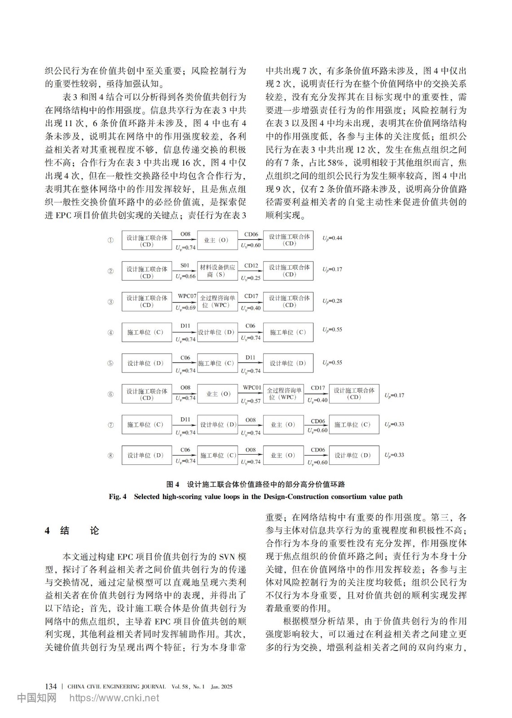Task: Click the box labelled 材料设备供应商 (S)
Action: [x=217, y=271]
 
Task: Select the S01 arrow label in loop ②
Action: [x=185, y=265]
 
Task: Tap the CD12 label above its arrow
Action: [x=251, y=265]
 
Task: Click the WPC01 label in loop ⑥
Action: [x=252, y=387]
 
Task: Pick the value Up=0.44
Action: [x=332, y=238]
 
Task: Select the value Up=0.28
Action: [x=332, y=301]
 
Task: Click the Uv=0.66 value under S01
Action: [x=185, y=276]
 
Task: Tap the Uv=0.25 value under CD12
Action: [x=251, y=278]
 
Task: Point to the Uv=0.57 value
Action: [x=251, y=401]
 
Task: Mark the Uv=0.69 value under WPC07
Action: [x=185, y=308]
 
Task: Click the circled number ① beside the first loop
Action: [x=110, y=240]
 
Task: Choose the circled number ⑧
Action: [x=110, y=455]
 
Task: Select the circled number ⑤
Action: [x=110, y=363]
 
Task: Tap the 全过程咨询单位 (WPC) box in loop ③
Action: [x=217, y=302]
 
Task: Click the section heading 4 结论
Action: [x=72, y=530]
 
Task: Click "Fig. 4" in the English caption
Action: [x=118, y=497]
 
